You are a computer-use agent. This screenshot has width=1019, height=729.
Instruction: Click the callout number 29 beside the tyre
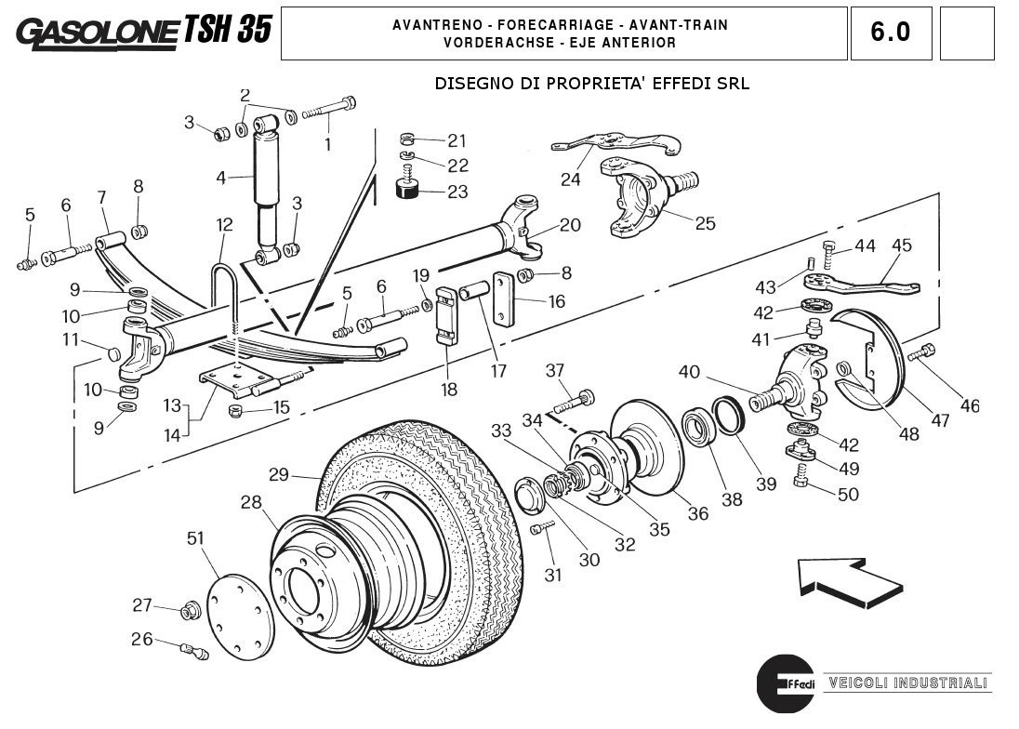point(280,474)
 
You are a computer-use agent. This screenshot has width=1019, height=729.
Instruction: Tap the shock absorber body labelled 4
point(268,177)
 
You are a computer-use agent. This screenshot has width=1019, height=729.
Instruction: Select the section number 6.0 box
point(890,33)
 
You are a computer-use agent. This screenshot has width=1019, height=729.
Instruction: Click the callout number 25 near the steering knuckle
point(705,223)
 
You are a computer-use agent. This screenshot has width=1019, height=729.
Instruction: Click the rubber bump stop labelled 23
point(406,189)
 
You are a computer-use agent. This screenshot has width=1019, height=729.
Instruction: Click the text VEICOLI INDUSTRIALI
point(907,683)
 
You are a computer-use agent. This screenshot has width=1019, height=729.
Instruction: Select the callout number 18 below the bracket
point(449,390)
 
